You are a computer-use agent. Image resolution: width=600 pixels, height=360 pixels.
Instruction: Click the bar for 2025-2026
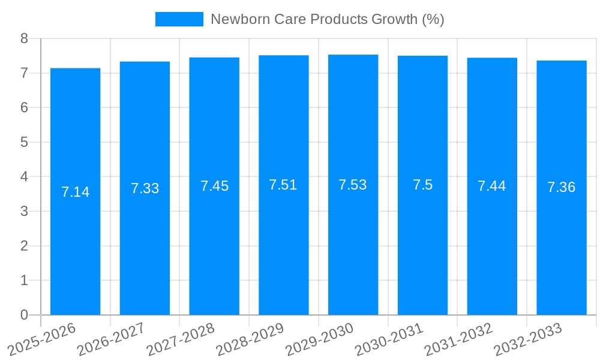coord(75,191)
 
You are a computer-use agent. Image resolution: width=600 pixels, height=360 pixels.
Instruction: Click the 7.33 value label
coord(145,188)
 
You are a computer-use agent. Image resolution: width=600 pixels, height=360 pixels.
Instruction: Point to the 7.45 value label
coord(214,186)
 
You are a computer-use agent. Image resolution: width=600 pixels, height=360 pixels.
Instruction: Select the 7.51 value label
coord(283,185)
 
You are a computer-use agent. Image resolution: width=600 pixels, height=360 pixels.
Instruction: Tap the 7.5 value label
coord(422,185)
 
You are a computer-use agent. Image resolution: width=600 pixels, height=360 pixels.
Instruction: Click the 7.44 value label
coord(492,186)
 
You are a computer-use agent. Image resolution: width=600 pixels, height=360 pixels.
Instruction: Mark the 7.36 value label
coord(562,188)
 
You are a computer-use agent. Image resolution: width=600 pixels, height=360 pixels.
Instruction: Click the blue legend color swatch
coord(179,19)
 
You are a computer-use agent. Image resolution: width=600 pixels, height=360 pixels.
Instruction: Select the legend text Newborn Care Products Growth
coord(327,19)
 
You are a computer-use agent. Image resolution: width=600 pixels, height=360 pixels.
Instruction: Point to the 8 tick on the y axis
coord(24,38)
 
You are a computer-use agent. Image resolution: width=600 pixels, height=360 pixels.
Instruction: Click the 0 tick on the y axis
coord(24,315)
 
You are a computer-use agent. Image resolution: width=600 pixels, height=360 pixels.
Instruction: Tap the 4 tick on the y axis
coord(24,177)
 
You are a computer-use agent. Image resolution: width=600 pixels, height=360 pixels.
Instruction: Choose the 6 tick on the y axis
coord(24,107)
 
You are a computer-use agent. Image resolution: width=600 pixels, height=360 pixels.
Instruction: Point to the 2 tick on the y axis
coord(24,246)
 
